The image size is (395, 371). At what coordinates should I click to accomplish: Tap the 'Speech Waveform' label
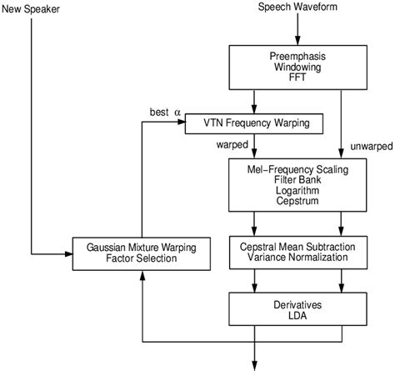[x=298, y=8]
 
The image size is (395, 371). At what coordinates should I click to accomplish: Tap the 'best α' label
[x=165, y=111]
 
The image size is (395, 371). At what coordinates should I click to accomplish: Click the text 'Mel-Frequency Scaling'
[x=298, y=169]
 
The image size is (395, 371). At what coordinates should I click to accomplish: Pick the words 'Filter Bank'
[x=298, y=180]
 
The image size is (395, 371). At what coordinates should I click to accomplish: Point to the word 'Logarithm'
[x=298, y=191]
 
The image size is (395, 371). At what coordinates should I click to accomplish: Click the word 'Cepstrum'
[x=298, y=202]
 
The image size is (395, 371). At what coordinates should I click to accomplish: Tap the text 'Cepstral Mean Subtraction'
[x=298, y=247]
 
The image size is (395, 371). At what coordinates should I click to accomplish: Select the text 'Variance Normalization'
[x=298, y=258]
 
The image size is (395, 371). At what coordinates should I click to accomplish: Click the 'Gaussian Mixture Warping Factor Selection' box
[x=142, y=253]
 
